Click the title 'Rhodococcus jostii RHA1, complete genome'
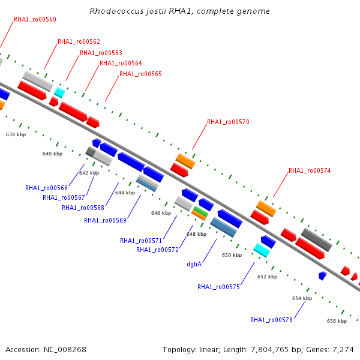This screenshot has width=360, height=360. [179, 11]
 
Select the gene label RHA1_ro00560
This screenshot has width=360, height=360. [35, 20]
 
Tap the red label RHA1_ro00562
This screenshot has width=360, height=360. [79, 41]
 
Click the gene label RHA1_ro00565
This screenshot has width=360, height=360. [140, 74]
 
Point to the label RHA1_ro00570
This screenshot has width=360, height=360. [228, 122]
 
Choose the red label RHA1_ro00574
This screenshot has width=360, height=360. [310, 170]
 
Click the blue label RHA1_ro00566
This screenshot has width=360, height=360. [46, 188]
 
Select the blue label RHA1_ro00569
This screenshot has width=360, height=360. [105, 220]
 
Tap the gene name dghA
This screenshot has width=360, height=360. [194, 264]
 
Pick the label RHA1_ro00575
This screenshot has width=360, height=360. [218, 287]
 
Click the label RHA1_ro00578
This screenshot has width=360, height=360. [271, 320]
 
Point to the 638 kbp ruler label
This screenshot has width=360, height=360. [16, 134]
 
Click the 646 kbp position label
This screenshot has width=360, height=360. [161, 213]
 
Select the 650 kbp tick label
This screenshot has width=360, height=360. [232, 256]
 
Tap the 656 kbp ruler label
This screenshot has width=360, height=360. [337, 321]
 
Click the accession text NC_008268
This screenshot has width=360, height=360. [65, 350]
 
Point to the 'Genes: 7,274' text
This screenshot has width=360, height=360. [330, 350]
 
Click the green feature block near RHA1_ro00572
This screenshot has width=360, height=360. [200, 211]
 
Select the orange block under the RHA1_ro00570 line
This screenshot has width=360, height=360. [185, 161]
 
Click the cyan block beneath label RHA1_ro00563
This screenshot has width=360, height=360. [59, 92]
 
